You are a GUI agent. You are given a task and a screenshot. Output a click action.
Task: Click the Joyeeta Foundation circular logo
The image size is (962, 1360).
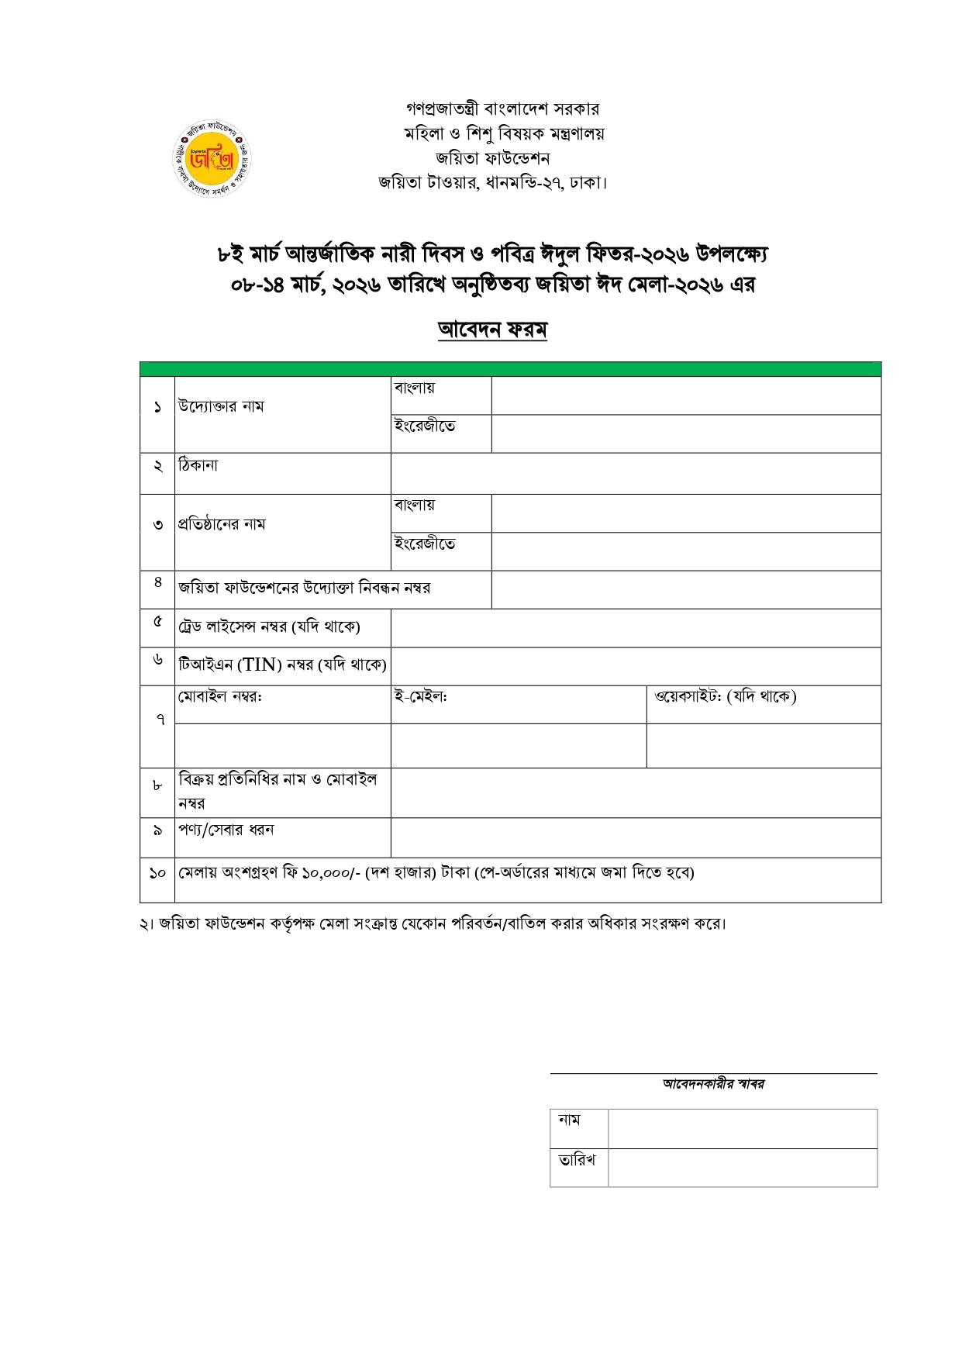(x=212, y=158)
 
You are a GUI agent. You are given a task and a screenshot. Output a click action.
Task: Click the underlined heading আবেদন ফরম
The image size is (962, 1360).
(x=492, y=330)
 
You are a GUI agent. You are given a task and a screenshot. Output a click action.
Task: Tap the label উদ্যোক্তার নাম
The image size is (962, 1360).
(x=221, y=406)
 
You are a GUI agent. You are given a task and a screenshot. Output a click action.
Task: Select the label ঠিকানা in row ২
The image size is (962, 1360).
(x=198, y=466)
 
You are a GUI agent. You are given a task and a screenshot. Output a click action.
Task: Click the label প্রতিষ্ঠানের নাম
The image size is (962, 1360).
(x=222, y=524)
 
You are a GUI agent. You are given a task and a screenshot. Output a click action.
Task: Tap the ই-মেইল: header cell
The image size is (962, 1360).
(x=421, y=696)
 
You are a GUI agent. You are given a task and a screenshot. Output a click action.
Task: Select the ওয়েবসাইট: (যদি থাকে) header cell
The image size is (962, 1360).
(x=725, y=696)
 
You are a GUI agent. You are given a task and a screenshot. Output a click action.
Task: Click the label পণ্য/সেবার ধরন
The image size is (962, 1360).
(x=226, y=830)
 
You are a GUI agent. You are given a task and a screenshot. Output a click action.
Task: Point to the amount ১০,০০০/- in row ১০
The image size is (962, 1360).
(x=331, y=873)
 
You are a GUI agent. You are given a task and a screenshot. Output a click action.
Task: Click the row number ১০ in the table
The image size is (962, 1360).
(x=157, y=873)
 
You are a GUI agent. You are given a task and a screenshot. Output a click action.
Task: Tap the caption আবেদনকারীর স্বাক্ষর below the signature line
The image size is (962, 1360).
(x=713, y=1084)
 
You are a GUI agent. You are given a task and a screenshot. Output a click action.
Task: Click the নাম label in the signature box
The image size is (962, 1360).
(x=569, y=1120)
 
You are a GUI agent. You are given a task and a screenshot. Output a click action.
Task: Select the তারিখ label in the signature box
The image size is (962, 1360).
(x=577, y=1160)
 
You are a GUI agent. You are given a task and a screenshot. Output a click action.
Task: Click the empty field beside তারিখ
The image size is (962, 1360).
(x=742, y=1168)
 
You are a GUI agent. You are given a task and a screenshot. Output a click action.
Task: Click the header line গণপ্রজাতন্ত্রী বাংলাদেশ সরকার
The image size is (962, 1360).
(x=502, y=109)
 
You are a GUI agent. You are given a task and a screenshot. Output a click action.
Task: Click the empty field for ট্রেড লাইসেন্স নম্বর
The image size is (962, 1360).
(x=636, y=628)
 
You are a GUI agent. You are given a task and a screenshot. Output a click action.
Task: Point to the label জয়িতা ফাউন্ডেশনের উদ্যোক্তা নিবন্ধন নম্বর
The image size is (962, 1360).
(x=304, y=588)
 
